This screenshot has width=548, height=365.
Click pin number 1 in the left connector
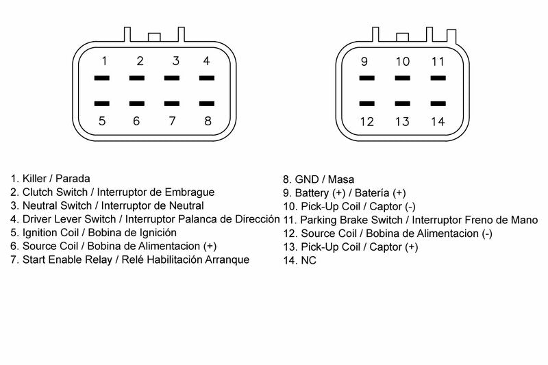coord(103,61)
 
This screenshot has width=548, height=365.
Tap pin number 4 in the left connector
coord(206,61)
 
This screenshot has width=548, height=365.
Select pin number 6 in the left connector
coord(136,122)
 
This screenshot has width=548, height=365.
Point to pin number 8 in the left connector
coord(208,122)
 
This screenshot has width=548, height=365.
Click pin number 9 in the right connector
coord(364,62)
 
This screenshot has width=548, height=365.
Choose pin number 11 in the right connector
coord(438,62)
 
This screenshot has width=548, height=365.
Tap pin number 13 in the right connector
coord(402,122)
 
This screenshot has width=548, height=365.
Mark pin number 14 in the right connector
coord(438,122)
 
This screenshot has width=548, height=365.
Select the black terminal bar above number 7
coord(172,104)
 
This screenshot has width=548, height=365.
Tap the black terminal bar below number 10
coord(402,78)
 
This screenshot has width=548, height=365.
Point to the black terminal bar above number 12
coord(366,104)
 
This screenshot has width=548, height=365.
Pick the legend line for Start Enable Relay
coord(129,260)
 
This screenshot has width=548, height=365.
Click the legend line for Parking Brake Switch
coord(410,220)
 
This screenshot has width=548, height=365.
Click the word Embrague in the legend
coord(192,192)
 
